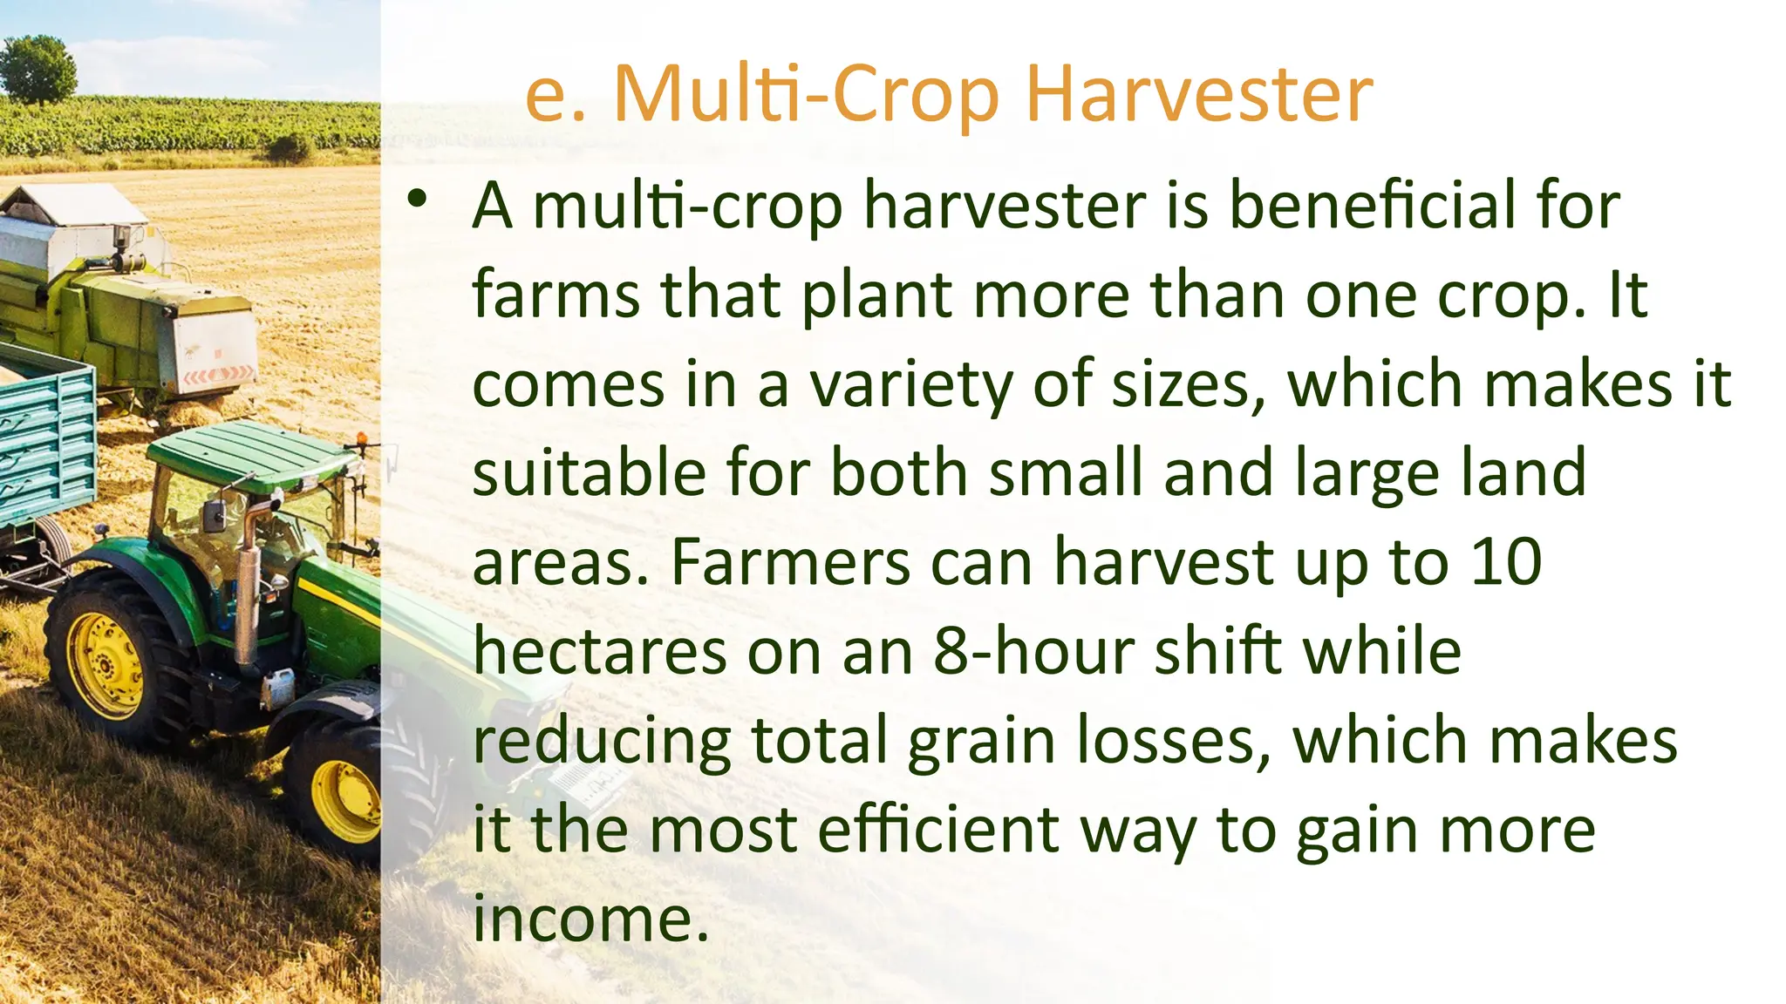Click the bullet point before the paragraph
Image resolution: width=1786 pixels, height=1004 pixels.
coord(418,200)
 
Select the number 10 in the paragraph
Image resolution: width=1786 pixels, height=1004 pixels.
coord(1506,562)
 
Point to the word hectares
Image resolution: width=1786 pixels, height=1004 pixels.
coord(600,652)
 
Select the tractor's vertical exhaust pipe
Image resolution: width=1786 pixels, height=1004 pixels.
coord(248,584)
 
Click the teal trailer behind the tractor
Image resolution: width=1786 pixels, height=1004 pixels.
coord(44,444)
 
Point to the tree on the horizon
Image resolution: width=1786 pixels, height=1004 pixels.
coord(37,68)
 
